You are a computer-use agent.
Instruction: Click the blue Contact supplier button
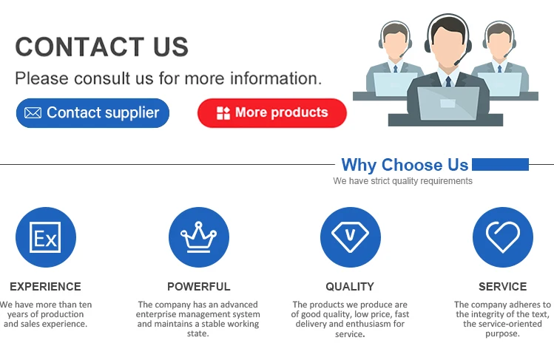pyautogui.click(x=92, y=113)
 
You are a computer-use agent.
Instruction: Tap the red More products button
pyautogui.click(x=272, y=113)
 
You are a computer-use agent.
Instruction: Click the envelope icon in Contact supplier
pyautogui.click(x=33, y=113)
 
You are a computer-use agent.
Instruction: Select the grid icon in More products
pyautogui.click(x=223, y=113)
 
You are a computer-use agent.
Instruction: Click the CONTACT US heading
pyautogui.click(x=102, y=47)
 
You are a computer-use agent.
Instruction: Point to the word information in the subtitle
pyautogui.click(x=276, y=78)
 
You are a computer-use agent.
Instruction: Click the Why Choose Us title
pyautogui.click(x=405, y=165)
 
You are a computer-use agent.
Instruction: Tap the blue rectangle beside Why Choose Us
pyautogui.click(x=500, y=164)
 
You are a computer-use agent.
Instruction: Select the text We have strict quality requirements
pyautogui.click(x=403, y=181)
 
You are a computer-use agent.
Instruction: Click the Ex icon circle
pyautogui.click(x=46, y=237)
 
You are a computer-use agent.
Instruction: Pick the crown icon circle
pyautogui.click(x=199, y=237)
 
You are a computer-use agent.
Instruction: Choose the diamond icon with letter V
pyautogui.click(x=351, y=237)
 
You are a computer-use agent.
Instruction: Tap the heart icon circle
pyautogui.click(x=503, y=237)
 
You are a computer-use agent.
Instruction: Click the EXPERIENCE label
pyautogui.click(x=46, y=287)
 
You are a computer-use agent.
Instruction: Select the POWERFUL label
pyautogui.click(x=199, y=287)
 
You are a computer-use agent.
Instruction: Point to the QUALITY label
pyautogui.click(x=350, y=287)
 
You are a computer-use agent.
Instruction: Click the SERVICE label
pyautogui.click(x=503, y=287)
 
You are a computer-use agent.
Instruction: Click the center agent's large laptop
pyautogui.click(x=448, y=103)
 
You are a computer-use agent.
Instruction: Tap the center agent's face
pyautogui.click(x=448, y=46)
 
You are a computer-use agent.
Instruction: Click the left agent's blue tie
pyautogui.click(x=396, y=69)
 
